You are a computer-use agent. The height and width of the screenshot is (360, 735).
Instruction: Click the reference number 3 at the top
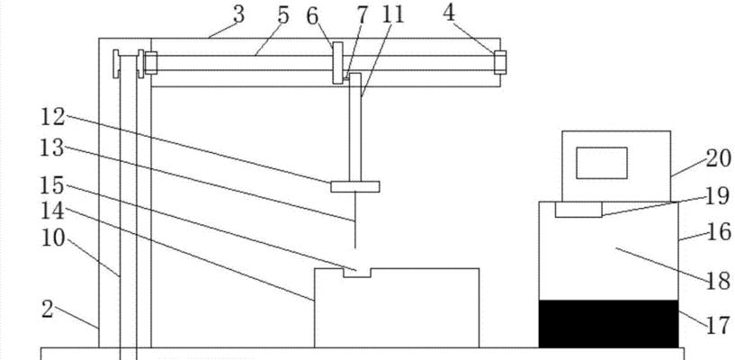[238, 15]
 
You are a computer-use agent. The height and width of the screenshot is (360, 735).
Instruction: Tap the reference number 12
[52, 117]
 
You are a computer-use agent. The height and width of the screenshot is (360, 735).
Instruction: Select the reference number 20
[718, 158]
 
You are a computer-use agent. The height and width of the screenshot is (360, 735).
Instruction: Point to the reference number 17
[718, 326]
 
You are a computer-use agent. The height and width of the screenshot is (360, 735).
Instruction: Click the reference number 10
[53, 238]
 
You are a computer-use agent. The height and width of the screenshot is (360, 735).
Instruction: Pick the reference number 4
[449, 13]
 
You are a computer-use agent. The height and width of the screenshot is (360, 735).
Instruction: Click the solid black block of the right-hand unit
[608, 324]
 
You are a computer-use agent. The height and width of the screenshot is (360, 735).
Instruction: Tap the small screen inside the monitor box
[602, 163]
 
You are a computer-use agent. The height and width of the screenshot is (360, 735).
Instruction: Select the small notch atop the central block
[357, 273]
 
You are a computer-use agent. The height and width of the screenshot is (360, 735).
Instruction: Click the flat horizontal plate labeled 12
[354, 186]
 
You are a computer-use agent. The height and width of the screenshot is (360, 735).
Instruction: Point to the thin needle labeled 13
[354, 220]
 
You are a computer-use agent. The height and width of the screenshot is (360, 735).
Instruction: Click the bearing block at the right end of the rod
[500, 62]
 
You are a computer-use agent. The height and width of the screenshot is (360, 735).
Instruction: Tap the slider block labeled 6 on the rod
[337, 63]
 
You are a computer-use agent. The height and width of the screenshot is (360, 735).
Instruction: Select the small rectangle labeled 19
[578, 210]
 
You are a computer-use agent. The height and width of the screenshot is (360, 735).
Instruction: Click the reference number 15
[52, 185]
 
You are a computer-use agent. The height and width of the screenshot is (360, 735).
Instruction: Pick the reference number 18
[718, 281]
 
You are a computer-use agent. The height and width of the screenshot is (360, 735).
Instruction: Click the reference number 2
[47, 310]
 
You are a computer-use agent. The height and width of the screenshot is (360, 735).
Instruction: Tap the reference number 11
[393, 15]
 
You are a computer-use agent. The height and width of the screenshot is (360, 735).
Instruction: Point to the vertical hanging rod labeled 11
[354, 127]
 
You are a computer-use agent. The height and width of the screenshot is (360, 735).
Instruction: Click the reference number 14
[52, 211]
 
